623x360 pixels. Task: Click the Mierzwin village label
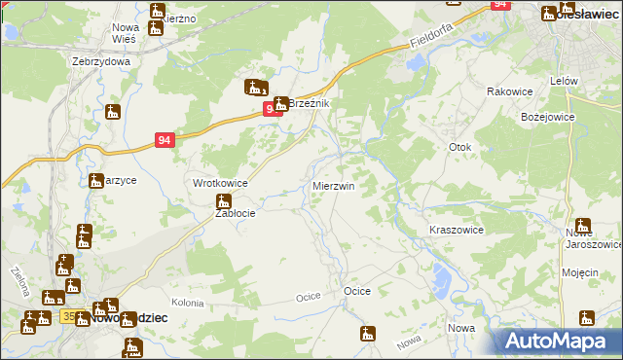(333, 185)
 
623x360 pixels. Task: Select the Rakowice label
(507, 90)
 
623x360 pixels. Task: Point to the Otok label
(459, 147)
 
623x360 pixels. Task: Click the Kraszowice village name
(457, 230)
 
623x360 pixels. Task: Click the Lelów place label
(565, 81)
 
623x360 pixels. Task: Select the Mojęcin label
(580, 272)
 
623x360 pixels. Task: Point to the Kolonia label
(187, 304)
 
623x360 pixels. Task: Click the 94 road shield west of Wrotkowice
(165, 141)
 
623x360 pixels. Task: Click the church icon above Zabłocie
(223, 200)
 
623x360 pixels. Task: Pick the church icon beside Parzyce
(96, 180)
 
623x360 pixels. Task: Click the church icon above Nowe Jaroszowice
(582, 225)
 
